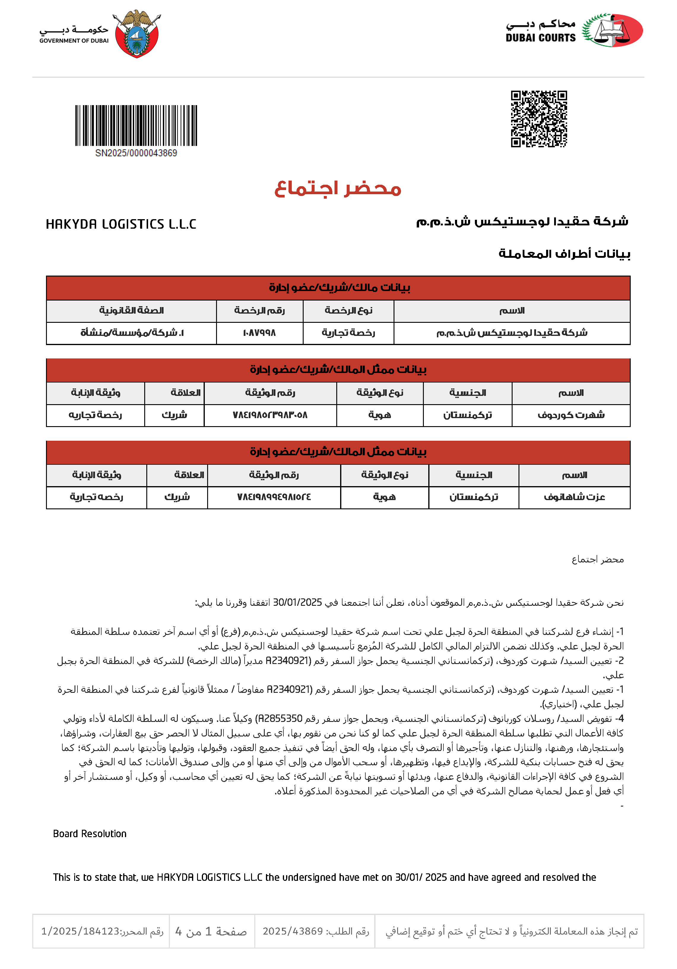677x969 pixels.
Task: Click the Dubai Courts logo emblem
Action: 613,30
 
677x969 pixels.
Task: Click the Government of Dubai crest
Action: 136,34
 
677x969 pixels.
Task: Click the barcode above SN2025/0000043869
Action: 136,125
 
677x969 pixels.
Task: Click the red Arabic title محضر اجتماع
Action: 338,189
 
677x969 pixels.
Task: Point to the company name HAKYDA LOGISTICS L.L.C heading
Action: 121,224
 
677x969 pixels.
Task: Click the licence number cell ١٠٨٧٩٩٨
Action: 259,333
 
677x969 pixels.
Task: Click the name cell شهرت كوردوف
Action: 571,415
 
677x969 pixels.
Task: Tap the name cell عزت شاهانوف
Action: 574,497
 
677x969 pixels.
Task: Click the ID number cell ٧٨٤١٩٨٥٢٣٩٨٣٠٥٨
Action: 270,415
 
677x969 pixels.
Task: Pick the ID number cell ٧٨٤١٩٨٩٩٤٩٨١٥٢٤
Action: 274,497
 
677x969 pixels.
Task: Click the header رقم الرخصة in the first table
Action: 259,311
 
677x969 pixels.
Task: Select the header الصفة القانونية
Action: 131,311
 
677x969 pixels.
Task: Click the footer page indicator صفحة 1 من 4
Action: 211,931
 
